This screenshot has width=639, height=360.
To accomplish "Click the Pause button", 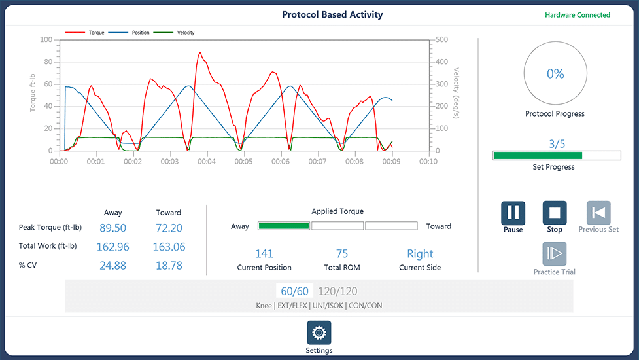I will pos(513,213).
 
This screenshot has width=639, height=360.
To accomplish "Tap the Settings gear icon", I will pos(319,333).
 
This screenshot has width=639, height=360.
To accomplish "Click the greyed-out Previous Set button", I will pos(598,213).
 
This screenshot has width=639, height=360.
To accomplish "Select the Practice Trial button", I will pos(555,255).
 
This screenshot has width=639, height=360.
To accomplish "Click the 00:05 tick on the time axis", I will pos(243,161).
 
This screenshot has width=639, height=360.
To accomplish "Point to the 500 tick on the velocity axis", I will pos(442,39).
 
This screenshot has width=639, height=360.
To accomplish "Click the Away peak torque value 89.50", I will pos(112,228).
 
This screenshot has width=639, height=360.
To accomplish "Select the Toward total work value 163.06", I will pos(169,247).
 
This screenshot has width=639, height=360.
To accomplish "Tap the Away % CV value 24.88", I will pos(112,266).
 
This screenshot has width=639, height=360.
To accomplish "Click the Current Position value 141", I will pos(264,253).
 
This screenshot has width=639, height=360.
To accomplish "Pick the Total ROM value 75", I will pos(342,253).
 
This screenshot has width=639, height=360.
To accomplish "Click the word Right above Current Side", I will pos(420,253).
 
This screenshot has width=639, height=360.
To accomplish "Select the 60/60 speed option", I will pos(294,291).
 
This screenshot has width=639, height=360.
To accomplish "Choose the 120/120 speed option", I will pos(337,291).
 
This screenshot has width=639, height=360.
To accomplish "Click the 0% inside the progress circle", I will pos(555,74).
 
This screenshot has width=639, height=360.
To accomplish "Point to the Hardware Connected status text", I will pos(578,15).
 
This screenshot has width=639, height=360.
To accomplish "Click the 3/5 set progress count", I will pos(557,144).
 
